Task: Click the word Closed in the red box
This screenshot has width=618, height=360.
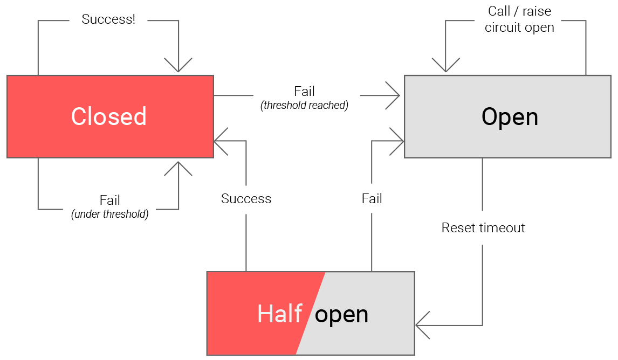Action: coord(108,117)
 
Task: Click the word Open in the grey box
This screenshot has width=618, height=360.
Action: coord(510,117)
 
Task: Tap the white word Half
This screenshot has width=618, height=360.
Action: coord(279,314)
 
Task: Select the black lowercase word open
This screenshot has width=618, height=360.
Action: coord(341,314)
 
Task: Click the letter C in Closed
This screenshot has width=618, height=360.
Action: coord(79,117)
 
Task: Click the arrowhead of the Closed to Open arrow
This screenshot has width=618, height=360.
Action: coord(397,96)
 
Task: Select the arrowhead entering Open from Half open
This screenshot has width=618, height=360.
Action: coord(400,141)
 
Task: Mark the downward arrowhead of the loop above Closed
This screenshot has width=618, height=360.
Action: coord(178,69)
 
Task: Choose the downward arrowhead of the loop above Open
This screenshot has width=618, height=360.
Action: coord(446,69)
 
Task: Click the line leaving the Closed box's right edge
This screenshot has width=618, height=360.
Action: coord(233,96)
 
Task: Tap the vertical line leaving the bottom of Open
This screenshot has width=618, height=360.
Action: coord(482,183)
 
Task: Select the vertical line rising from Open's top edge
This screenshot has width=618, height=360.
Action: coord(586,49)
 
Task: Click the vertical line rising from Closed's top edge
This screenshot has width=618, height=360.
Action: coord(38,49)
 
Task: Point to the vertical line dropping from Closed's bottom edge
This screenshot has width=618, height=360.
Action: coord(38,183)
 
